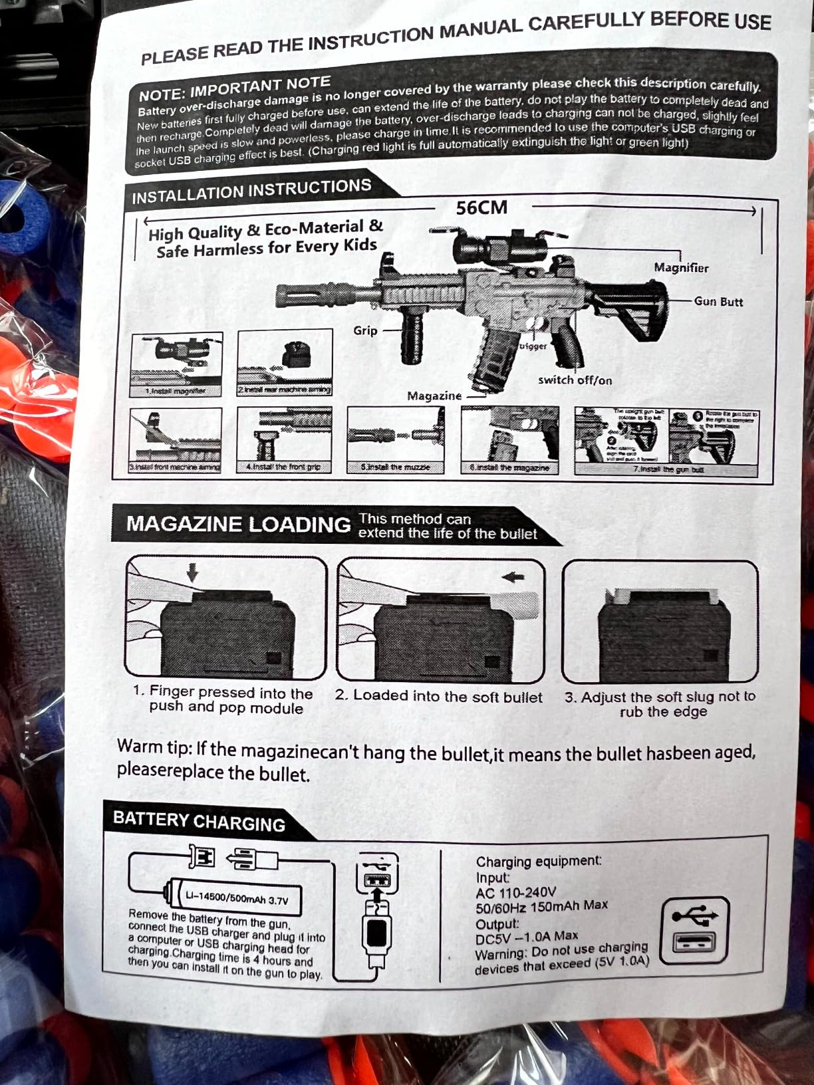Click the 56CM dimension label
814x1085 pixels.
481,208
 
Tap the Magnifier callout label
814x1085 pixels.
680,268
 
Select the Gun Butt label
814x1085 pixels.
718,302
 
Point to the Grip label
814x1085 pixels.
365,330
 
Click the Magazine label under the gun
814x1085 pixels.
434,396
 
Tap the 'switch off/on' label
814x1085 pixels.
575,380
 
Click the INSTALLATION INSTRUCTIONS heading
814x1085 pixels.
251,191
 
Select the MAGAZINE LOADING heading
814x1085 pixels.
238,524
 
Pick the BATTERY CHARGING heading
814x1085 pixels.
199,822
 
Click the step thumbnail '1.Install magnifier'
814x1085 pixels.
176,364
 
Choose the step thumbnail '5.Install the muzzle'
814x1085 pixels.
396,440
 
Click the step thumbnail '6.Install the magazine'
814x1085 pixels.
509,440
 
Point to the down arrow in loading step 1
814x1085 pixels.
193,572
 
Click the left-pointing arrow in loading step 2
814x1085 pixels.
513,577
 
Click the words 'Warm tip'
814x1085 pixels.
154,747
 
